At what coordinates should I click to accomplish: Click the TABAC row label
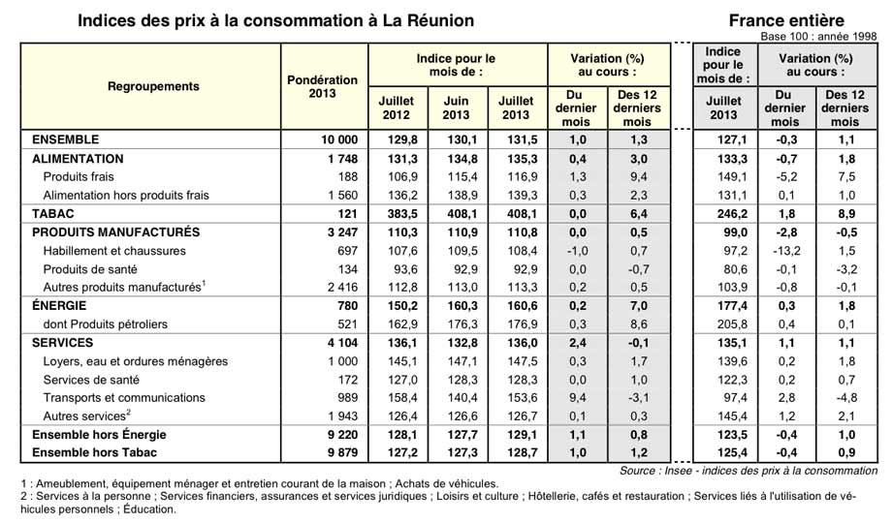click(x=53, y=214)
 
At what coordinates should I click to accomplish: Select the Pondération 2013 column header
click(x=323, y=86)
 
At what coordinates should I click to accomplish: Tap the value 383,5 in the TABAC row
click(x=402, y=214)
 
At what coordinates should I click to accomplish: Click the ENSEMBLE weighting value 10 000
click(x=339, y=139)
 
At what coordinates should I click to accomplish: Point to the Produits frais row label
click(x=79, y=177)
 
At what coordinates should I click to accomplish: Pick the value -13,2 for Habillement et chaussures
click(x=786, y=251)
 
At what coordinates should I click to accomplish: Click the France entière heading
click(x=786, y=20)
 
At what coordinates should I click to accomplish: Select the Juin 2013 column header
click(x=457, y=108)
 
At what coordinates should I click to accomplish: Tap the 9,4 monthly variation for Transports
click(x=578, y=398)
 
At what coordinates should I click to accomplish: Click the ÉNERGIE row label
click(x=59, y=306)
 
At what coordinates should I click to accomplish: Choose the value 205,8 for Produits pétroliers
click(x=733, y=324)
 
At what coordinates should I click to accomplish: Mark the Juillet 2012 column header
click(x=397, y=108)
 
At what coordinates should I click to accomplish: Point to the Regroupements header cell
click(x=153, y=86)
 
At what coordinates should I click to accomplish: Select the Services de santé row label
click(x=91, y=380)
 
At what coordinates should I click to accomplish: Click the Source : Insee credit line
click(x=749, y=471)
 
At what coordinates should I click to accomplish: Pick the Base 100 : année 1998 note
click(x=819, y=37)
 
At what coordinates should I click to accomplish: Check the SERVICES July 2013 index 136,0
click(x=523, y=343)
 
